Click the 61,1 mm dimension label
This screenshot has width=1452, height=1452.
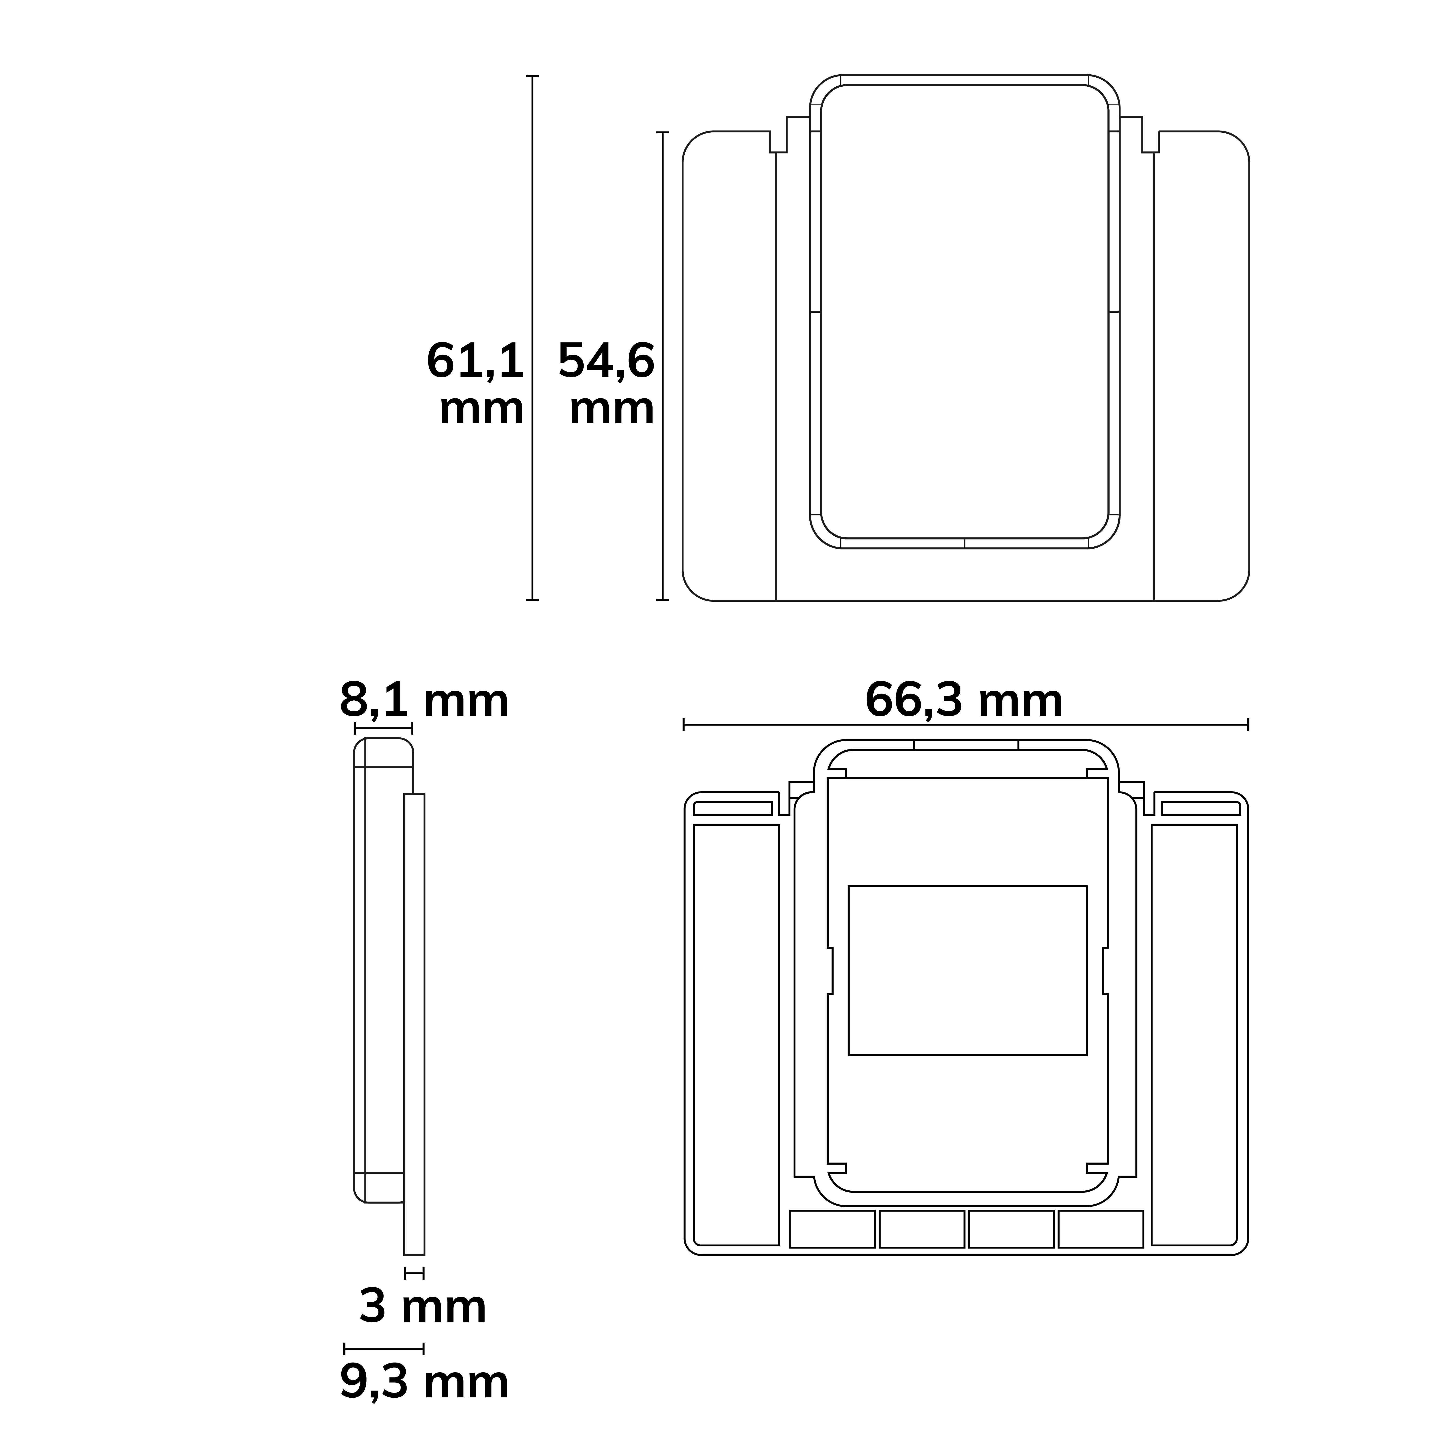475,383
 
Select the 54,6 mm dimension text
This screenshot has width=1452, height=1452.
606,383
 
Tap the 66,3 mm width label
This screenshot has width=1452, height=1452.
964,700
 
